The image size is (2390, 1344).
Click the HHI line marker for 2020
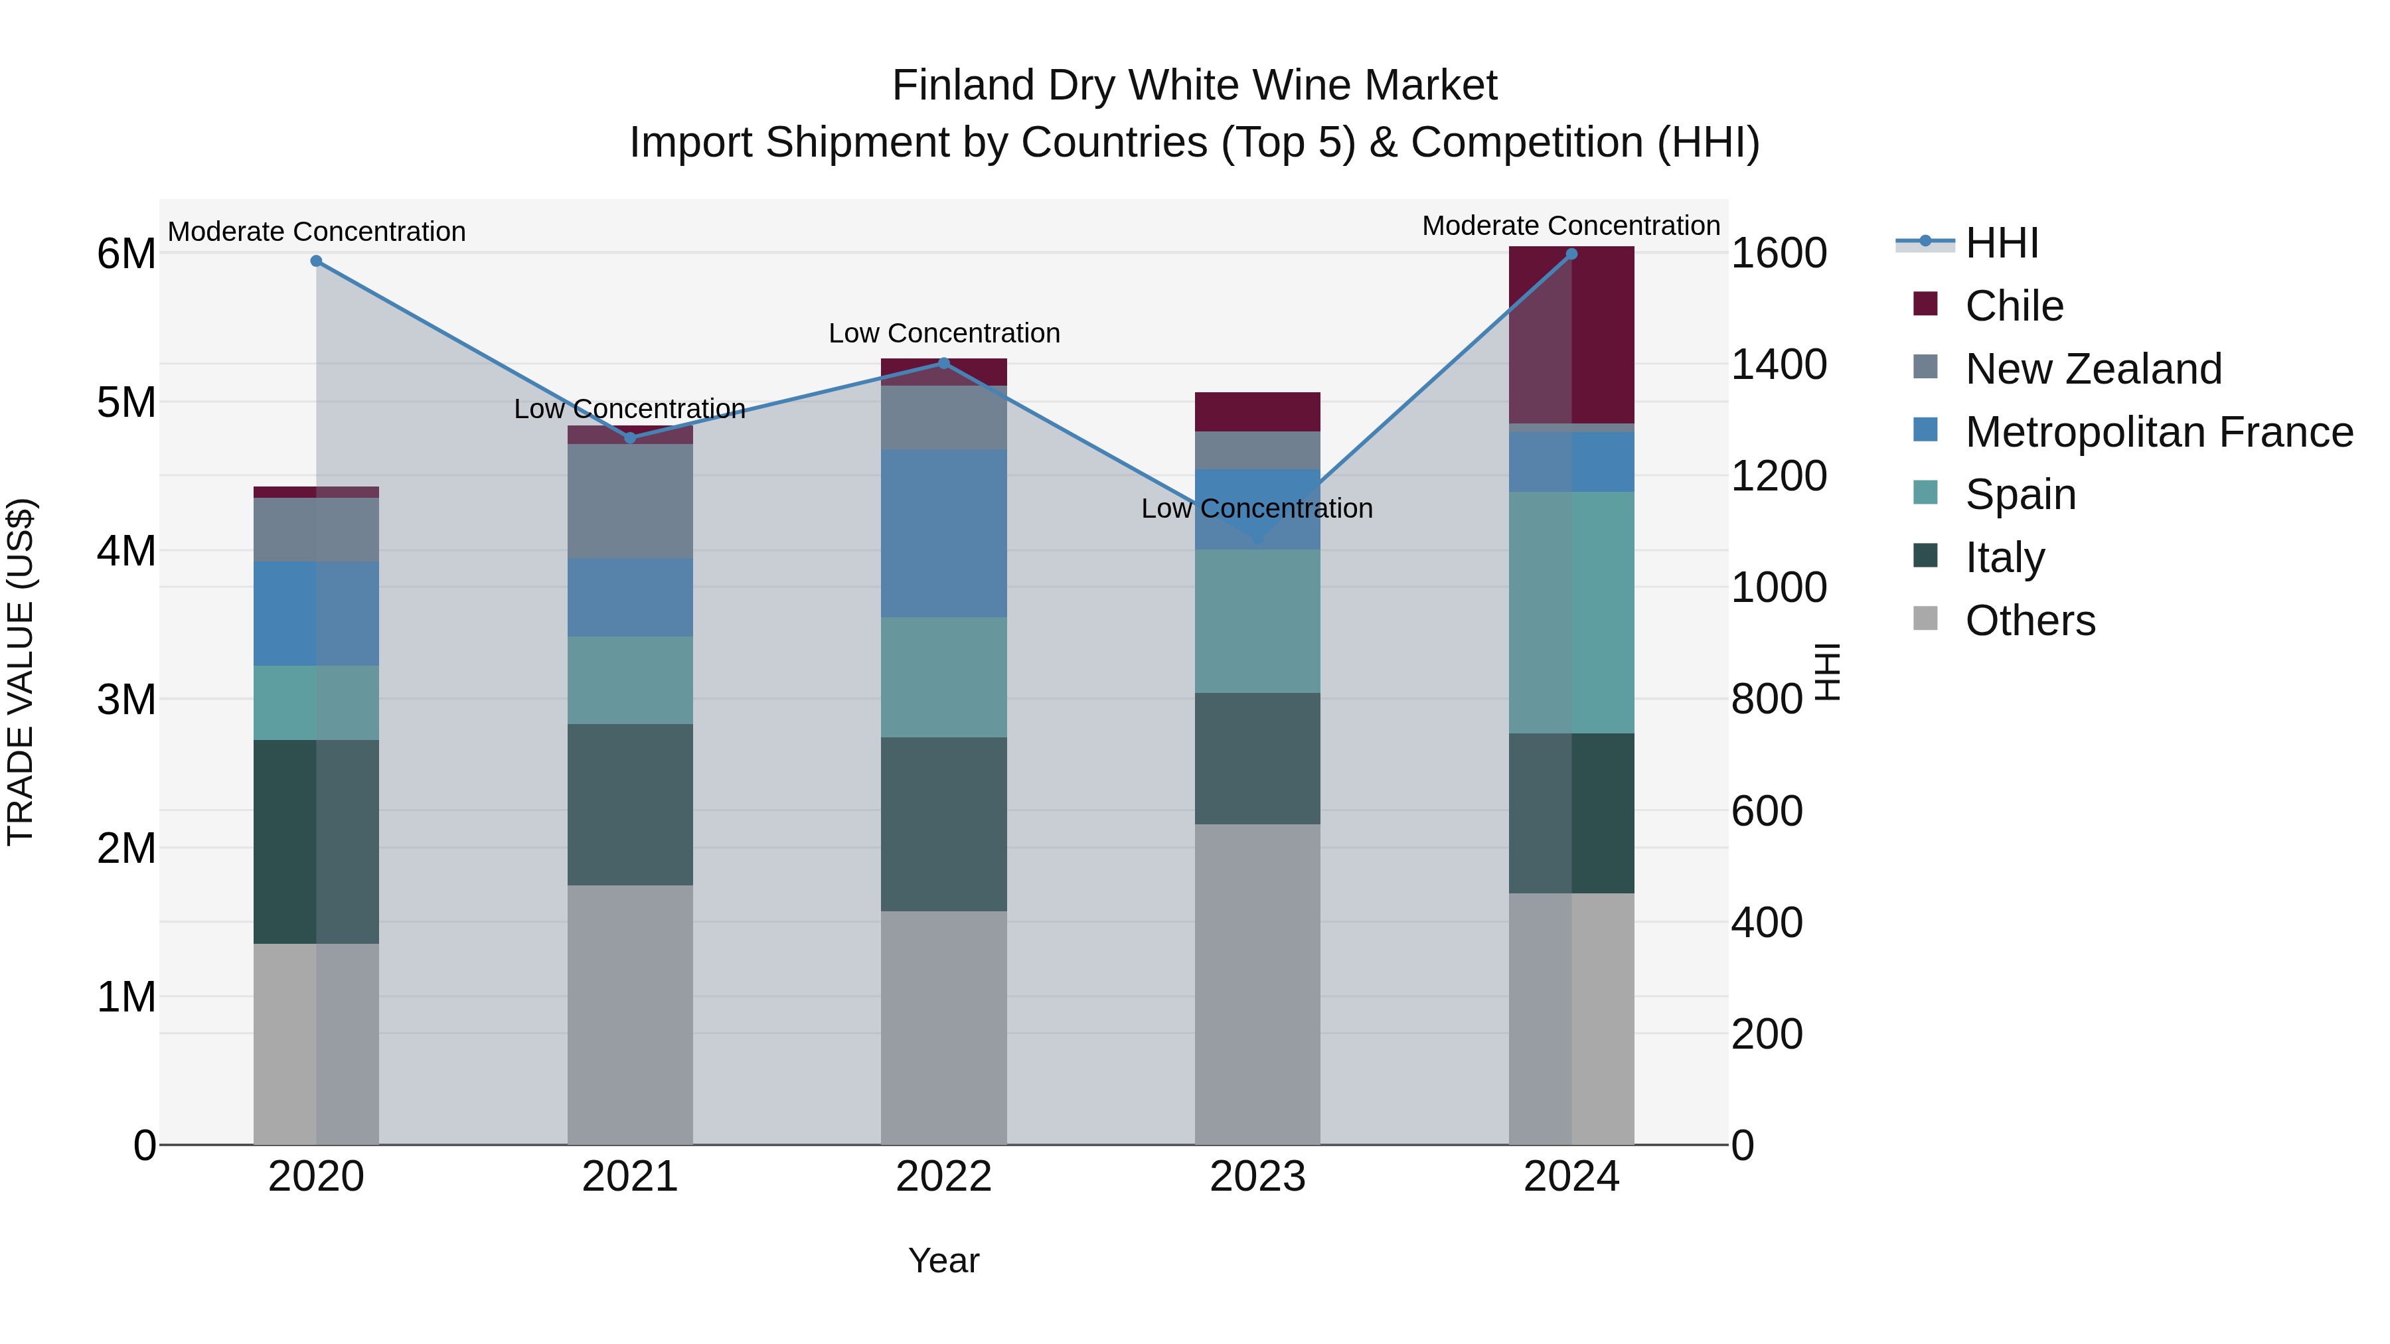pos(317,261)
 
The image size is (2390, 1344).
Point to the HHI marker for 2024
pos(1571,254)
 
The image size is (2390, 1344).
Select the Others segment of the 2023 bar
pos(1257,983)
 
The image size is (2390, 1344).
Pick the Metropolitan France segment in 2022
pos(943,534)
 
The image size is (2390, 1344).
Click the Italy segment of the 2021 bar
pos(630,804)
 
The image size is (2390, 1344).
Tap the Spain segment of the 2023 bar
pos(1257,621)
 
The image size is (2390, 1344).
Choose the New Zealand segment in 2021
pos(630,501)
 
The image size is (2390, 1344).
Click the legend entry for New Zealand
pos(2093,369)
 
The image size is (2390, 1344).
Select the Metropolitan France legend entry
pos(2158,432)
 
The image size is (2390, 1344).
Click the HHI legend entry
pos(2001,243)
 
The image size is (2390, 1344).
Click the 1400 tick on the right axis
pos(1779,364)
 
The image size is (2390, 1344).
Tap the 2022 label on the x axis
pos(943,1177)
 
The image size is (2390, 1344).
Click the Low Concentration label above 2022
pos(943,333)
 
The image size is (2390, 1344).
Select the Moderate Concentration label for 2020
pos(317,232)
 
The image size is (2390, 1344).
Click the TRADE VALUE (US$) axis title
pos(21,672)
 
